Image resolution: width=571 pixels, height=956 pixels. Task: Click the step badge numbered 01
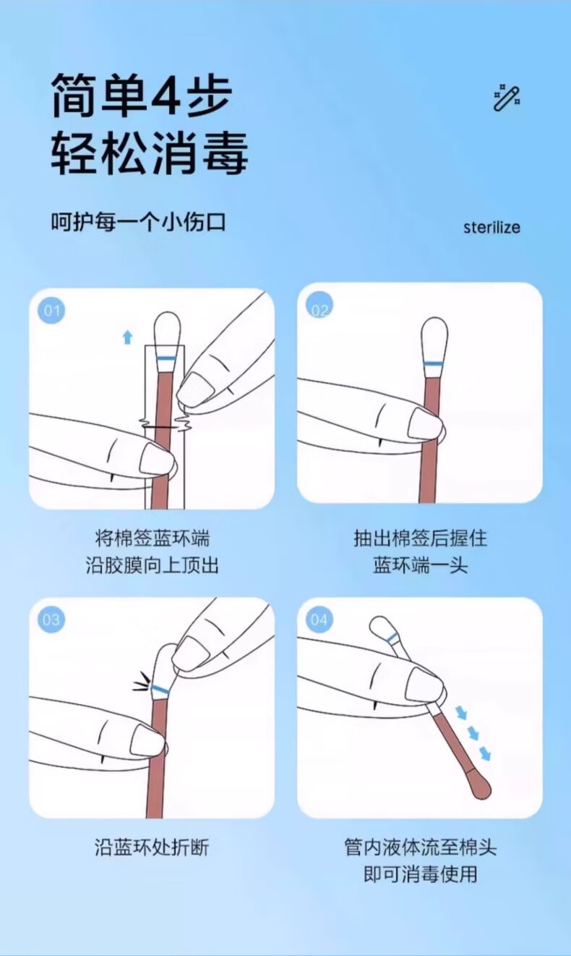pos(51,310)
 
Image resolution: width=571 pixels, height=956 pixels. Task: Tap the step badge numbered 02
pos(319,305)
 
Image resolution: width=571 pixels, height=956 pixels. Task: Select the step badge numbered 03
pos(51,619)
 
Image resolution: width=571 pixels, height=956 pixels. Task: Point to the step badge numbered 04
pos(319,619)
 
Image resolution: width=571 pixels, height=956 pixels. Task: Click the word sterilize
pos(491,227)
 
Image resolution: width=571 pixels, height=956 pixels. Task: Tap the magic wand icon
pos(507,98)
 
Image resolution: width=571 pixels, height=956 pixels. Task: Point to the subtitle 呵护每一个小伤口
pos(138,222)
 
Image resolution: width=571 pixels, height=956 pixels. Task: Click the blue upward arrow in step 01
pos(127,337)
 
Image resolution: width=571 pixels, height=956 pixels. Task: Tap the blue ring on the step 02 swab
pos(434,363)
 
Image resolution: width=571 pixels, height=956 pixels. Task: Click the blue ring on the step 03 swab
pos(160,689)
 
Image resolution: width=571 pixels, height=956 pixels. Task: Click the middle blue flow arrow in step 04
pos(473,734)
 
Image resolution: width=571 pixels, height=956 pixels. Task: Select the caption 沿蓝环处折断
pos(152,847)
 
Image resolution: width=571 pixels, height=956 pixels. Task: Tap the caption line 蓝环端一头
pos(420,565)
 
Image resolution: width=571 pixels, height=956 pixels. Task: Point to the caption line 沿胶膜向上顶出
pos(152,565)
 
